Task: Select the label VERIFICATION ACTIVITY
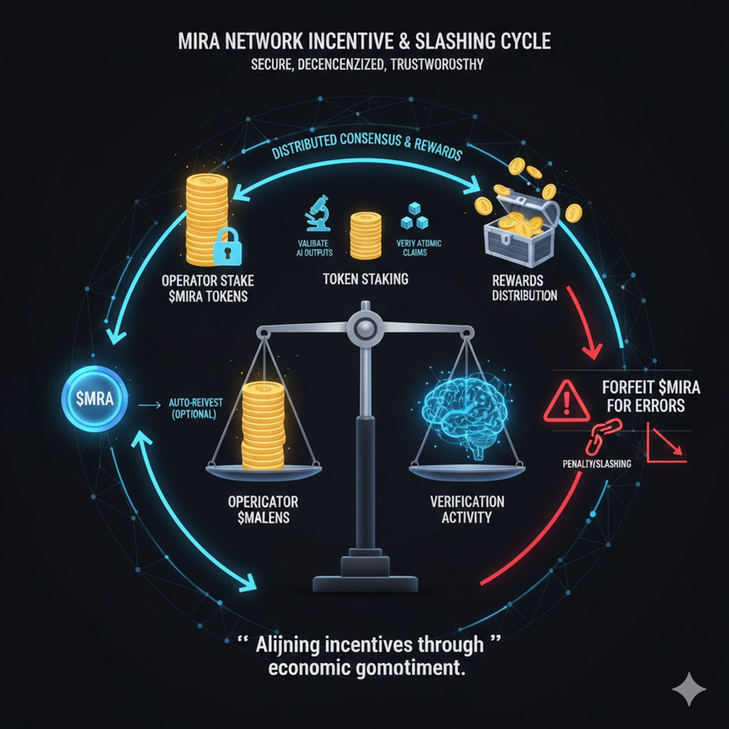pyautogui.click(x=468, y=507)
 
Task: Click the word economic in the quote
pyautogui.click(x=313, y=668)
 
